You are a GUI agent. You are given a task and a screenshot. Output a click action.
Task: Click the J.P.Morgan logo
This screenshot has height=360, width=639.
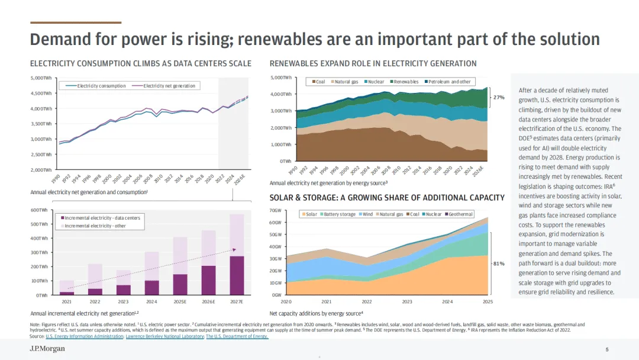[x=47, y=349]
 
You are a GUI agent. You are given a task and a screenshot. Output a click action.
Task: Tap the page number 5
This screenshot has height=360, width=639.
[x=607, y=349]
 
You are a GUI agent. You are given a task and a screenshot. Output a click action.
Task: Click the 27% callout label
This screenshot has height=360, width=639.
[x=499, y=97]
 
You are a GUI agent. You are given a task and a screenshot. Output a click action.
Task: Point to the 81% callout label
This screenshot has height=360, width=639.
[x=499, y=263]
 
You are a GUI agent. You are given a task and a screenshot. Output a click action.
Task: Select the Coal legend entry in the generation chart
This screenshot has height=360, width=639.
[x=318, y=82]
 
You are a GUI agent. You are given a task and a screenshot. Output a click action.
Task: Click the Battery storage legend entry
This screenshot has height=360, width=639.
[x=340, y=214]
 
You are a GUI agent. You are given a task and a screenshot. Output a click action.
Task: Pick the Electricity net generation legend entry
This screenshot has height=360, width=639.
[x=169, y=86]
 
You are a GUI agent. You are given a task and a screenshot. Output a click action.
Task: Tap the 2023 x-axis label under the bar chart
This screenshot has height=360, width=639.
[x=123, y=301]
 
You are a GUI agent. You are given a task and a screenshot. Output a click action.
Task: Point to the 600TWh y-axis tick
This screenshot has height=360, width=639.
[x=39, y=210]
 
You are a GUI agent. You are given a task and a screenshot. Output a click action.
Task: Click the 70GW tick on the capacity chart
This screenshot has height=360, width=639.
[x=274, y=211]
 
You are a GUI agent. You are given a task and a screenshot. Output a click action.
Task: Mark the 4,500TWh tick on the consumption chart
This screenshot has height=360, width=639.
[x=41, y=93]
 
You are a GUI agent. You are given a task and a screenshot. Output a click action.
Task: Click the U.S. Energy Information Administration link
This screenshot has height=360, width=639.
[x=85, y=336]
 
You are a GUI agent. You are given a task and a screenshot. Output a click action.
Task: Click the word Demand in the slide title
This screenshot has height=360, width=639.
[x=58, y=40]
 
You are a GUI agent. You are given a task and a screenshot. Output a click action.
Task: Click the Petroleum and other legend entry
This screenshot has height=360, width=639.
[x=449, y=82]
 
